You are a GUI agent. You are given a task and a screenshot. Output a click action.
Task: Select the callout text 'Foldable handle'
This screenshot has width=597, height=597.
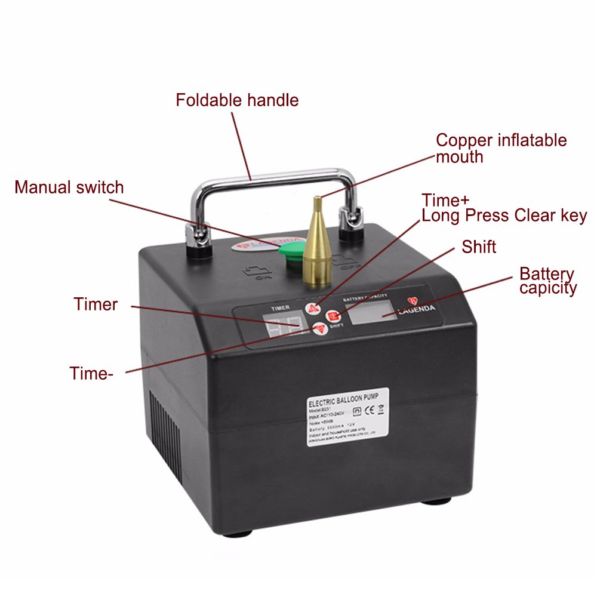237,100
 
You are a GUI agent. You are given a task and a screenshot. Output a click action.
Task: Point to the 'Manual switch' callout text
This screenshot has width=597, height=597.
69,187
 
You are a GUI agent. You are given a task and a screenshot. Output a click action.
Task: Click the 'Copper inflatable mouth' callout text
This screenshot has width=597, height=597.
501,149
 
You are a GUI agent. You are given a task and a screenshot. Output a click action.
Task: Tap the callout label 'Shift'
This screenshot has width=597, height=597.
479,247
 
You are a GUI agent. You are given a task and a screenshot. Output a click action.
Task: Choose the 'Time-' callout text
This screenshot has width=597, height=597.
91,374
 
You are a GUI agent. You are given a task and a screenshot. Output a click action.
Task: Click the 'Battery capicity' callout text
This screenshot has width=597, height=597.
547,281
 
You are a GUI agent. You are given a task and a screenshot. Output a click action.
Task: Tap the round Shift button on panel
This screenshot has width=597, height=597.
334,316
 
